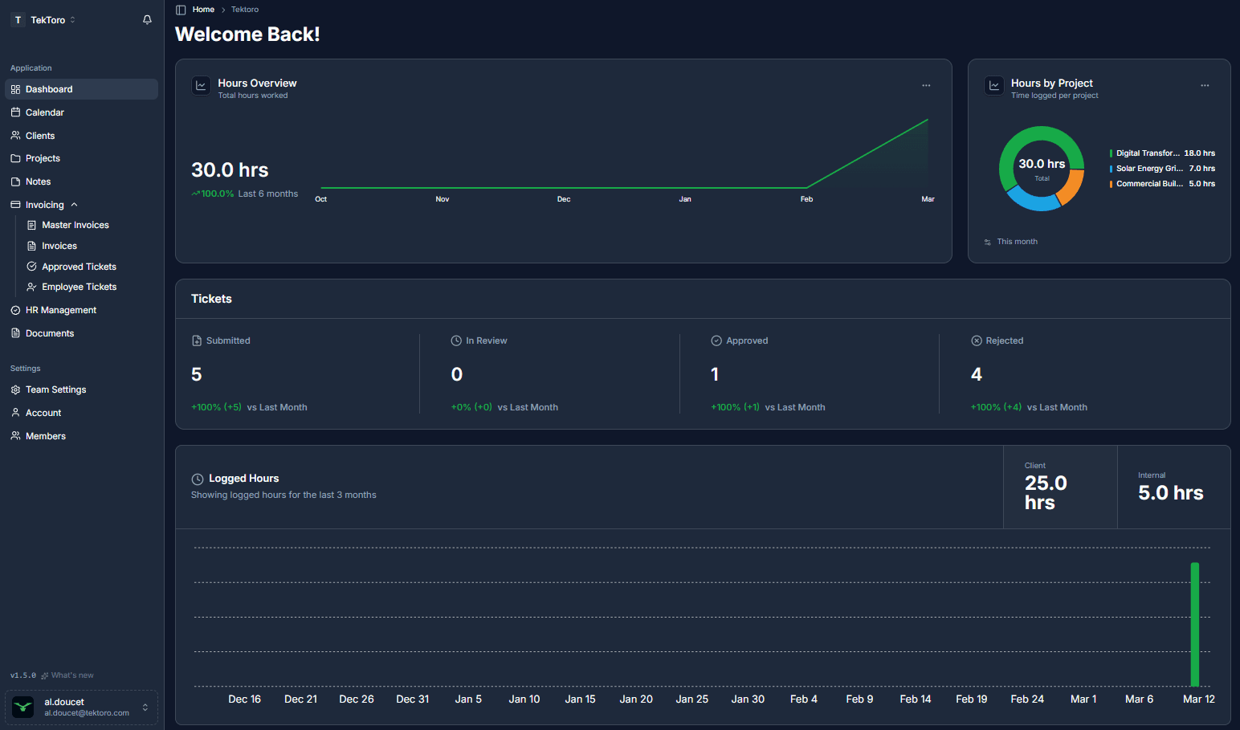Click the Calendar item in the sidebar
pos(44,112)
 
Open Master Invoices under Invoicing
pos(75,225)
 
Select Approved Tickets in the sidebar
pos(79,267)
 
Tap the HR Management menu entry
pos(60,310)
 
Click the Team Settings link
pos(55,389)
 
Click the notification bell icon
pos(147,20)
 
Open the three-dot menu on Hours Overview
pos(926,85)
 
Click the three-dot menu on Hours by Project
pos(1205,85)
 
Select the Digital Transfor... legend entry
pos(1147,153)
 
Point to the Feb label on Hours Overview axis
pos(806,199)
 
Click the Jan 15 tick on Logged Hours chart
pos(580,699)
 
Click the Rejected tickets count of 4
pos(977,374)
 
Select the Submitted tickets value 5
pos(197,374)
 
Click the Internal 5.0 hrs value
pos(1170,493)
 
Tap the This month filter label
pos(1017,242)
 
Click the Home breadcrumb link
pos(203,10)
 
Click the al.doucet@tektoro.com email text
pos(87,713)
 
